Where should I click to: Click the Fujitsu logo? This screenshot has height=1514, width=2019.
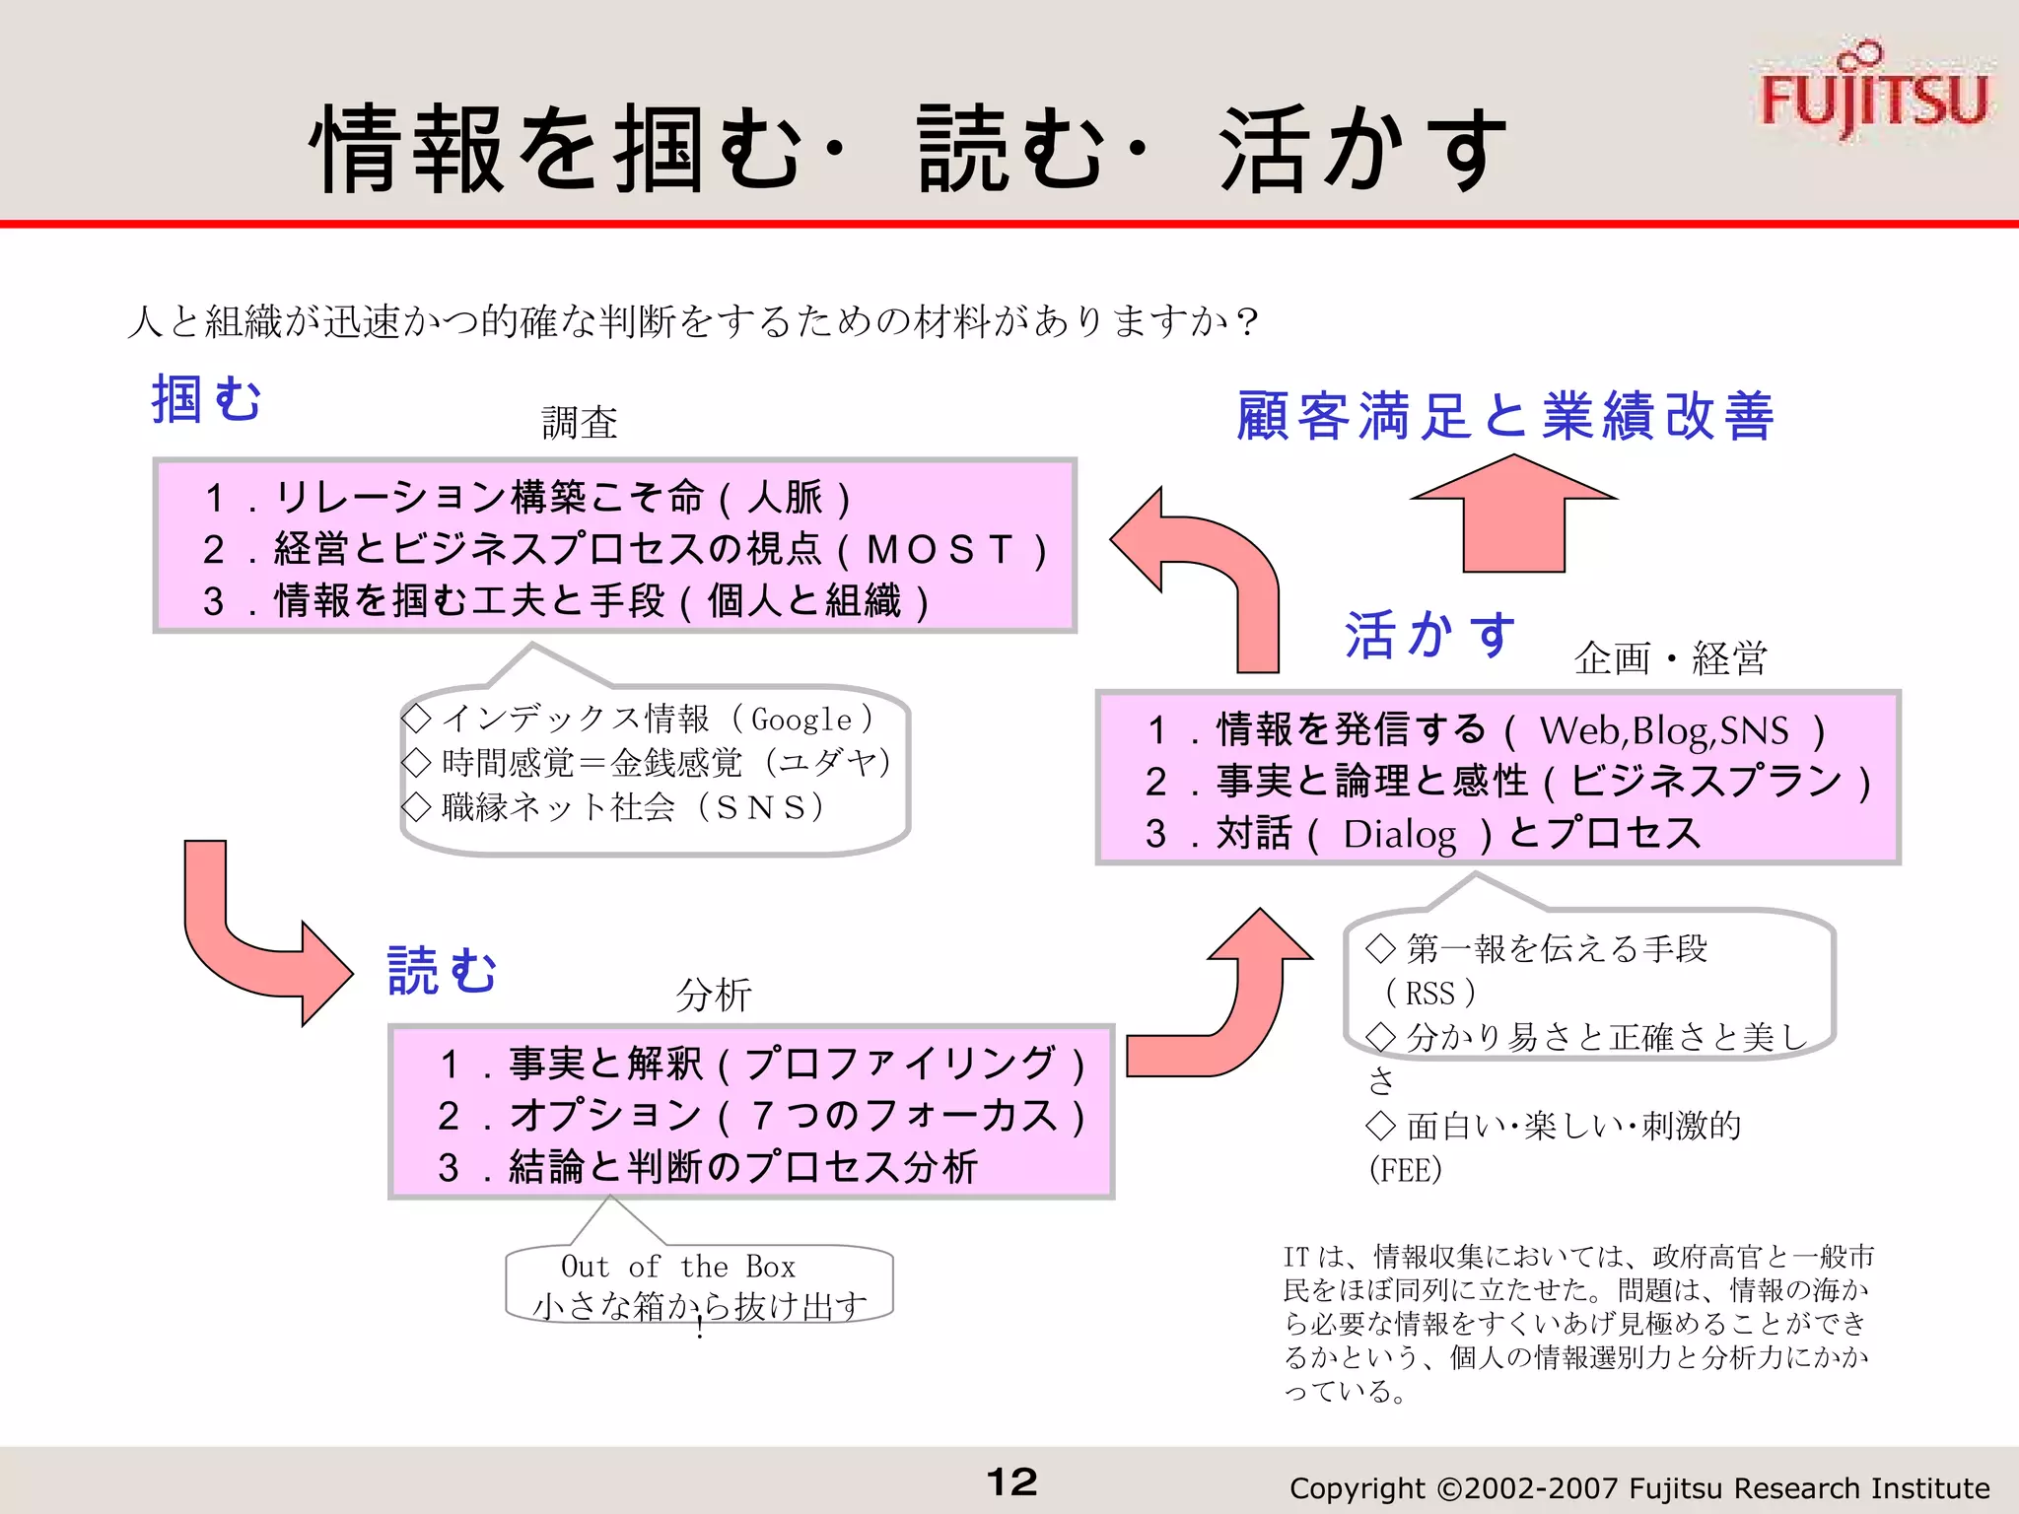(x=1873, y=94)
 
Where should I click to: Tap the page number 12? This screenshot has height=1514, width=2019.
(x=1011, y=1481)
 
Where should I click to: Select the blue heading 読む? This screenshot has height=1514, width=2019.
(x=443, y=970)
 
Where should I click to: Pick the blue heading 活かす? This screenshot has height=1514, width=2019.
(x=1429, y=634)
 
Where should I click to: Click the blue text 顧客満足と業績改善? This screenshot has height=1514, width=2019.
(x=1505, y=415)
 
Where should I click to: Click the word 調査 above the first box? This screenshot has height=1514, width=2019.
(x=580, y=423)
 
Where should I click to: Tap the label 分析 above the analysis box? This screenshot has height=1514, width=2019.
(x=714, y=995)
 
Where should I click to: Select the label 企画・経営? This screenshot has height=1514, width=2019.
(x=1671, y=657)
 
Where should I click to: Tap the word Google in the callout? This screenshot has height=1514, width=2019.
(x=801, y=720)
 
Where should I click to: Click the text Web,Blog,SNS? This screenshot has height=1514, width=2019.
(x=1663, y=730)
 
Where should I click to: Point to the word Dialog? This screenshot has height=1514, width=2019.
(x=1400, y=834)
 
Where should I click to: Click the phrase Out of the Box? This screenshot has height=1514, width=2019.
(x=678, y=1266)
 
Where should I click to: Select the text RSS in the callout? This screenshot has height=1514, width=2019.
(x=1429, y=993)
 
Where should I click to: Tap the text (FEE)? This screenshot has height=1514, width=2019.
(x=1406, y=1170)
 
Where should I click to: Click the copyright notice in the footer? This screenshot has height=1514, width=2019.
(x=1638, y=1487)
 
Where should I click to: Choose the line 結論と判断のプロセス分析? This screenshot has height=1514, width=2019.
(x=743, y=1167)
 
